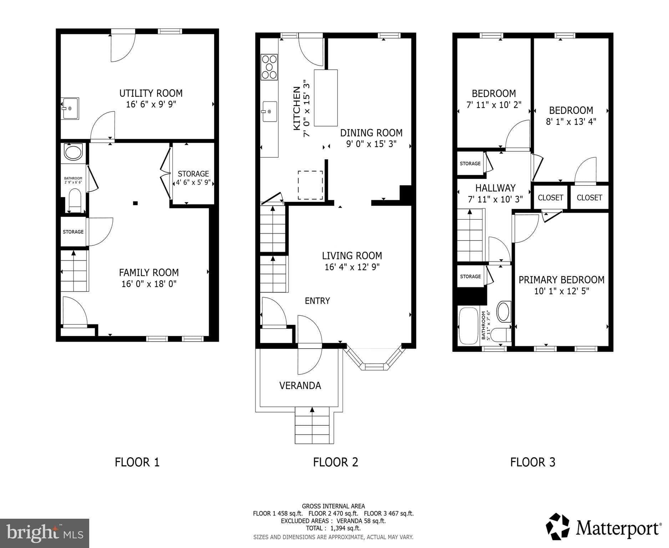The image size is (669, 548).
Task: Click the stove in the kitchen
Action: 269,66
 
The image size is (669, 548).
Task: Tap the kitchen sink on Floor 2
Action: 270,111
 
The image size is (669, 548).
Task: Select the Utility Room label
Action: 151,93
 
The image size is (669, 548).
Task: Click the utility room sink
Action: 70,108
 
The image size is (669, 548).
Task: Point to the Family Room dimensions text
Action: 149,284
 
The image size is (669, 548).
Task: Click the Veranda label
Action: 300,385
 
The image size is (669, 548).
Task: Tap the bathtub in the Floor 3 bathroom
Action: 468,326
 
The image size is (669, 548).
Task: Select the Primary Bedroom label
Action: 561,280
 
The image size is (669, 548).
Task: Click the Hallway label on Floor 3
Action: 495,188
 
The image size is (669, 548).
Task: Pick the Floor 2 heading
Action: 335,462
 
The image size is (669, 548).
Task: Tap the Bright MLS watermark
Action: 45,533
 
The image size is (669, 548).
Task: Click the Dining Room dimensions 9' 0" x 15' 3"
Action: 371,144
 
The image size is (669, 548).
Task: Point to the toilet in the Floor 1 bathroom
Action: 75,200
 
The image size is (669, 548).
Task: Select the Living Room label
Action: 352,255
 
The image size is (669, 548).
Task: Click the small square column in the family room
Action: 135,203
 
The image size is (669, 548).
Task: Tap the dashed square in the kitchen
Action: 310,185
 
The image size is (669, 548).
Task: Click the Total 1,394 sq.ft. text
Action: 333,528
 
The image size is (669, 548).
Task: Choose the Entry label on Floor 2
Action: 317,301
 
